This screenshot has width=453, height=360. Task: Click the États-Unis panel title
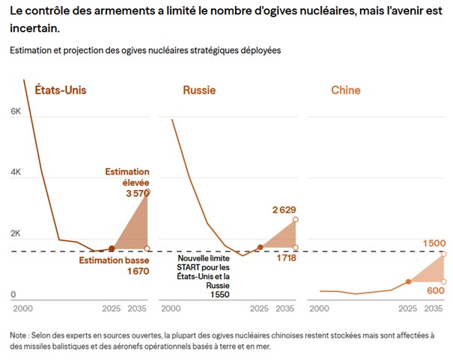point(61,91)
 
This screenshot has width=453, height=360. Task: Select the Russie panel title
point(199,91)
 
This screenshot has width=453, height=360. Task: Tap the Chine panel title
point(345,91)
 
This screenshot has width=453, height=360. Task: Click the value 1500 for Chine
point(434,243)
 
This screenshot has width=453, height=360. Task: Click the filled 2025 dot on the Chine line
point(409,281)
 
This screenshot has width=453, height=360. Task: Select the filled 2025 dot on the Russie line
point(260,246)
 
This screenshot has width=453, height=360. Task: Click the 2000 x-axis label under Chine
point(320,308)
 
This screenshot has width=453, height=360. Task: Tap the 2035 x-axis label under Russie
point(287,308)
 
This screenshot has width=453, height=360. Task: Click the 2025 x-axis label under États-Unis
point(111,308)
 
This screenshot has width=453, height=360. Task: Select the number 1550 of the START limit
point(219,295)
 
